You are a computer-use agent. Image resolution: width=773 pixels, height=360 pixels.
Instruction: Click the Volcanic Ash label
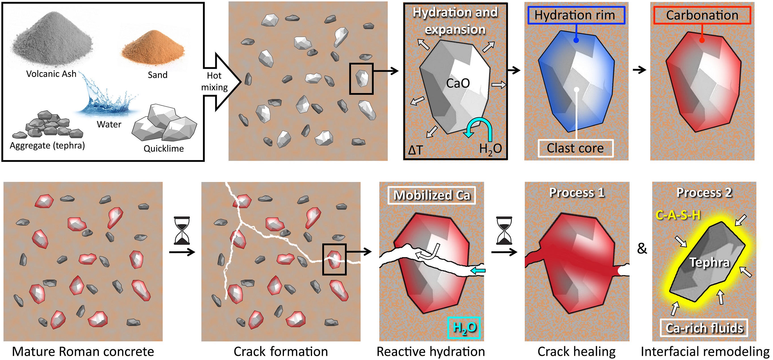[51, 74]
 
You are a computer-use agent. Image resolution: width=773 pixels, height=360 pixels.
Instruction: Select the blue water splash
[106, 99]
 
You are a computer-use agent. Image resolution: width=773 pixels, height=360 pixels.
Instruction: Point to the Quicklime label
[164, 148]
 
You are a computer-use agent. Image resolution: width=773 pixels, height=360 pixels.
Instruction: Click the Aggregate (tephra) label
[47, 146]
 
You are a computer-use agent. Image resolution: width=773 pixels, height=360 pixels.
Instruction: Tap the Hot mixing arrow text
[214, 81]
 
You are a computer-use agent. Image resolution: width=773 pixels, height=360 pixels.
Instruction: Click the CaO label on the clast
[457, 83]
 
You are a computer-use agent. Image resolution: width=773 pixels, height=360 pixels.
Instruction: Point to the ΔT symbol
[415, 150]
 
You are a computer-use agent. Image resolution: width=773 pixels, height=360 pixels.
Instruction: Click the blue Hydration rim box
[576, 15]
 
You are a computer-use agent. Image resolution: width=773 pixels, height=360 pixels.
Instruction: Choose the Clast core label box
[576, 148]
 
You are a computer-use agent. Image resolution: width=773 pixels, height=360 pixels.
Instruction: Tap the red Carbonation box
[702, 15]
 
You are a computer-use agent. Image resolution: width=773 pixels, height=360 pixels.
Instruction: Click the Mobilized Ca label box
[432, 195]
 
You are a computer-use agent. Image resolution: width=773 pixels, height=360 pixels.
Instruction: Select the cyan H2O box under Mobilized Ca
[464, 328]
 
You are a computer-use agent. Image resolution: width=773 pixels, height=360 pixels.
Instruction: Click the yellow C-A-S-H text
[678, 215]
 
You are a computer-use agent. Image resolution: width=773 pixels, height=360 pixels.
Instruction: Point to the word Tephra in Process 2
[709, 263]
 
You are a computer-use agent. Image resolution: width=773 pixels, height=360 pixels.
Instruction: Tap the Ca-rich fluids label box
[704, 328]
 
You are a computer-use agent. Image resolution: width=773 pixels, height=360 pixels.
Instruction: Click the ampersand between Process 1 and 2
[642, 248]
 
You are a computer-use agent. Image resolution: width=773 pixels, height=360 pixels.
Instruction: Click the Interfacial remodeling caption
[705, 351]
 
